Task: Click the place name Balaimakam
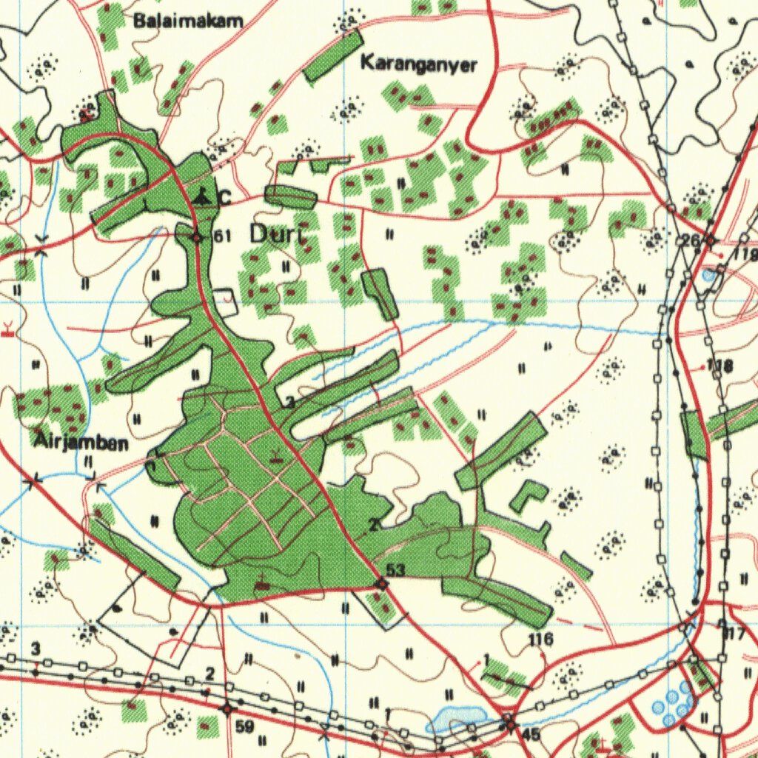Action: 188,21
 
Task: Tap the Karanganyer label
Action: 418,64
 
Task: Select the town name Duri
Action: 277,235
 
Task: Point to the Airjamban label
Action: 81,443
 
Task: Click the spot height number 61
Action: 223,236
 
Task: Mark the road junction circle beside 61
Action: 197,238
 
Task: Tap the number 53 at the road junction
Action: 395,569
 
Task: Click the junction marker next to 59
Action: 227,708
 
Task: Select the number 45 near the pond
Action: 530,734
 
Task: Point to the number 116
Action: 540,638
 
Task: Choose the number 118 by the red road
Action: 719,366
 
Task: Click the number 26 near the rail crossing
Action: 690,240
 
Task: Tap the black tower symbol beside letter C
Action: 201,197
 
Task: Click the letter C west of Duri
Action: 224,198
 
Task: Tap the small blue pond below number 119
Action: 710,275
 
